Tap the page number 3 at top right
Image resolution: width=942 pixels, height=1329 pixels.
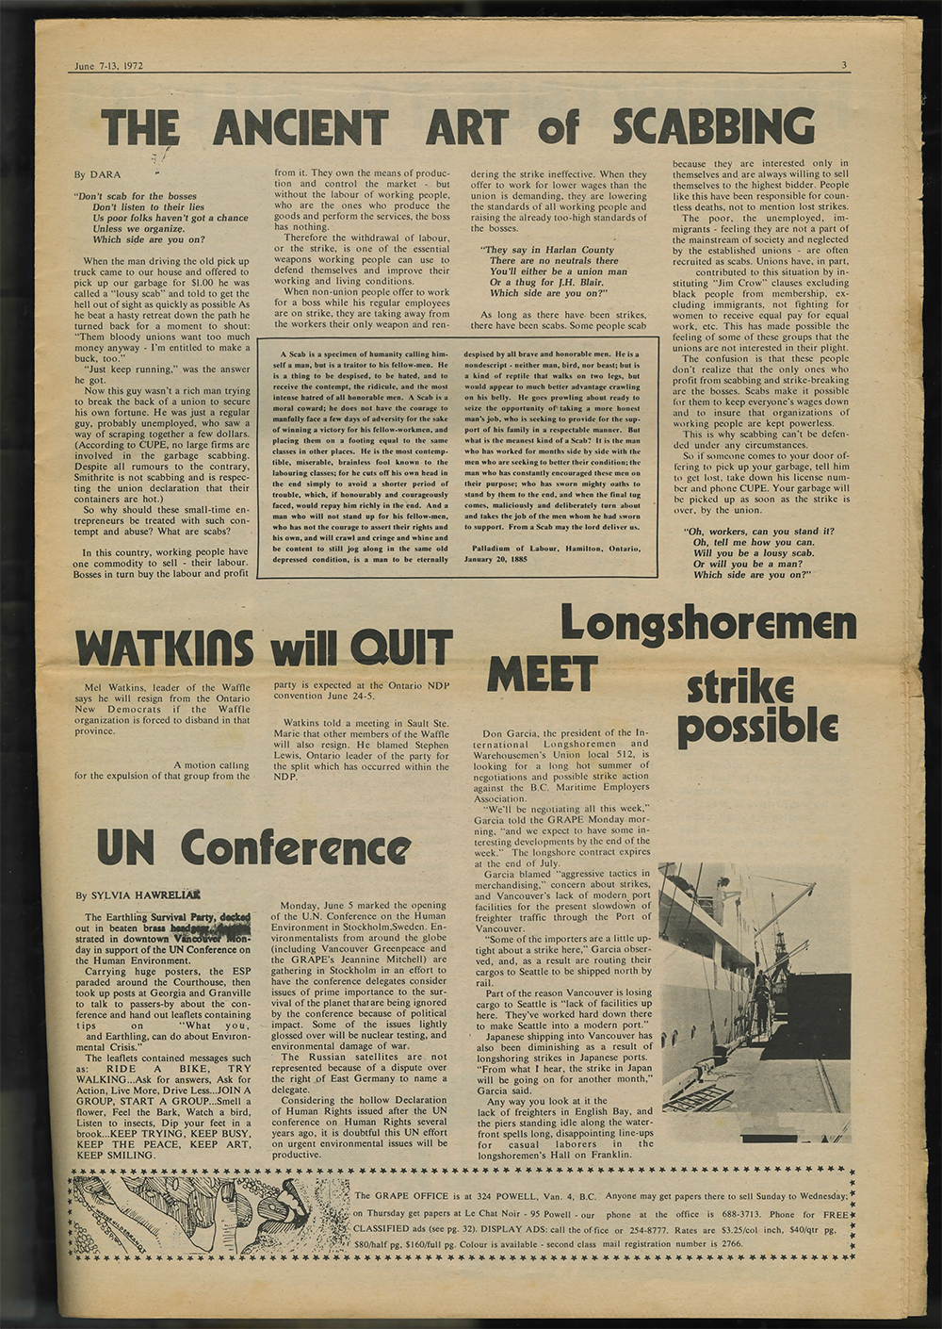click(846, 65)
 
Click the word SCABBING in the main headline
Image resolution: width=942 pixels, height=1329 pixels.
click(714, 126)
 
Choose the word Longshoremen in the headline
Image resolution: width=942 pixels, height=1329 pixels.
click(708, 623)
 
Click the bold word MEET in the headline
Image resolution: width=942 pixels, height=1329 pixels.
click(542, 673)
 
